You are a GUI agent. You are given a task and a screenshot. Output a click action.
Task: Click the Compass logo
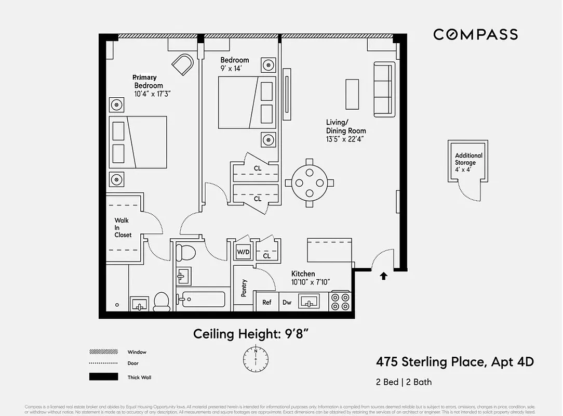click(475, 34)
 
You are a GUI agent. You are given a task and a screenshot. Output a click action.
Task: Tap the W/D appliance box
click(243, 252)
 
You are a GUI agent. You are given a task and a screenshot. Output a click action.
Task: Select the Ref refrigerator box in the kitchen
click(266, 302)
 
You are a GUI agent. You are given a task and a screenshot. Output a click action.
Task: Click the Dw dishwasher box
click(287, 302)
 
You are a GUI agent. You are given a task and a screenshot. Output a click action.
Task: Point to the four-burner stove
click(341, 302)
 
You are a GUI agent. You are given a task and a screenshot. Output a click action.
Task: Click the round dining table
click(310, 183)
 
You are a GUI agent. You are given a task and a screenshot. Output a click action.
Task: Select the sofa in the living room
click(383, 89)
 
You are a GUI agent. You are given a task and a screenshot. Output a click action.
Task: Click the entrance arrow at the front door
click(384, 276)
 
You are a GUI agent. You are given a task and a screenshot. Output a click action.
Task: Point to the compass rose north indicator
click(256, 358)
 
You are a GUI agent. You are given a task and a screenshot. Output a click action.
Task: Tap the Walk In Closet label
click(123, 228)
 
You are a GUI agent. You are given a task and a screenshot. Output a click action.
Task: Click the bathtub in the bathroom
click(203, 300)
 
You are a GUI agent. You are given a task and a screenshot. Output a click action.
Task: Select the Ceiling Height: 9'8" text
click(254, 334)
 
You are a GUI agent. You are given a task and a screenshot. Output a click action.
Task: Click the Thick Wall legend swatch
click(103, 377)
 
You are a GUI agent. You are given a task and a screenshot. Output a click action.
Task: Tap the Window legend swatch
click(103, 352)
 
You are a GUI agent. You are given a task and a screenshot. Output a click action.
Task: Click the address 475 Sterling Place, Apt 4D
click(454, 361)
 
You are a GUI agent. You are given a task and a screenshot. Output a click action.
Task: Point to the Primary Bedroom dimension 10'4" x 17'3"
click(153, 94)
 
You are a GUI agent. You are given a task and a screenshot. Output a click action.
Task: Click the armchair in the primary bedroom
click(183, 64)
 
